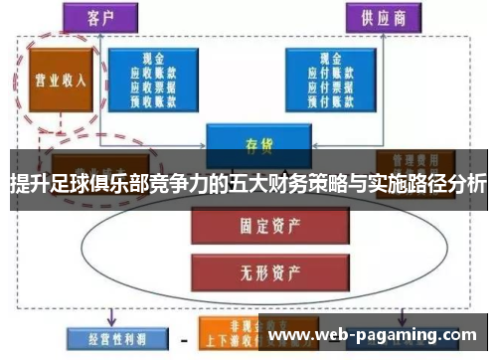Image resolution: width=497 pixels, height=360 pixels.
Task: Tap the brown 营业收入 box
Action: [57, 81]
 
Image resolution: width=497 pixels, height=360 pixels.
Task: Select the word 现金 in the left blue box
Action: [153, 58]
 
